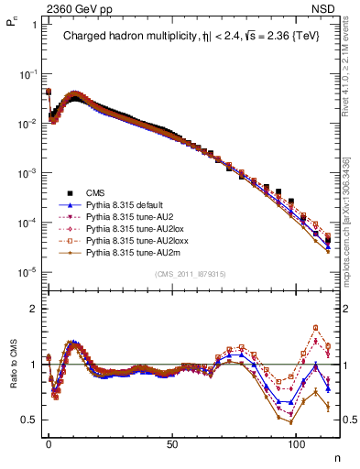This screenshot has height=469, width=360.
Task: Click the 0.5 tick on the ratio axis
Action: [x=29, y=420]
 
